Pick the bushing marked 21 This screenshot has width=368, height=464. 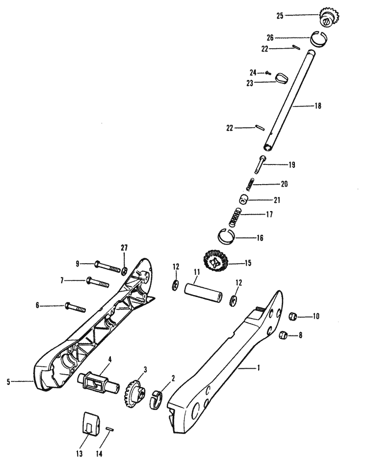(244, 200)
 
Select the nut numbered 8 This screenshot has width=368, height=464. (283, 336)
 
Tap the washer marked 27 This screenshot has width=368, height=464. (124, 270)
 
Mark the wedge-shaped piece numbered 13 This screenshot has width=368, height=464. (89, 422)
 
